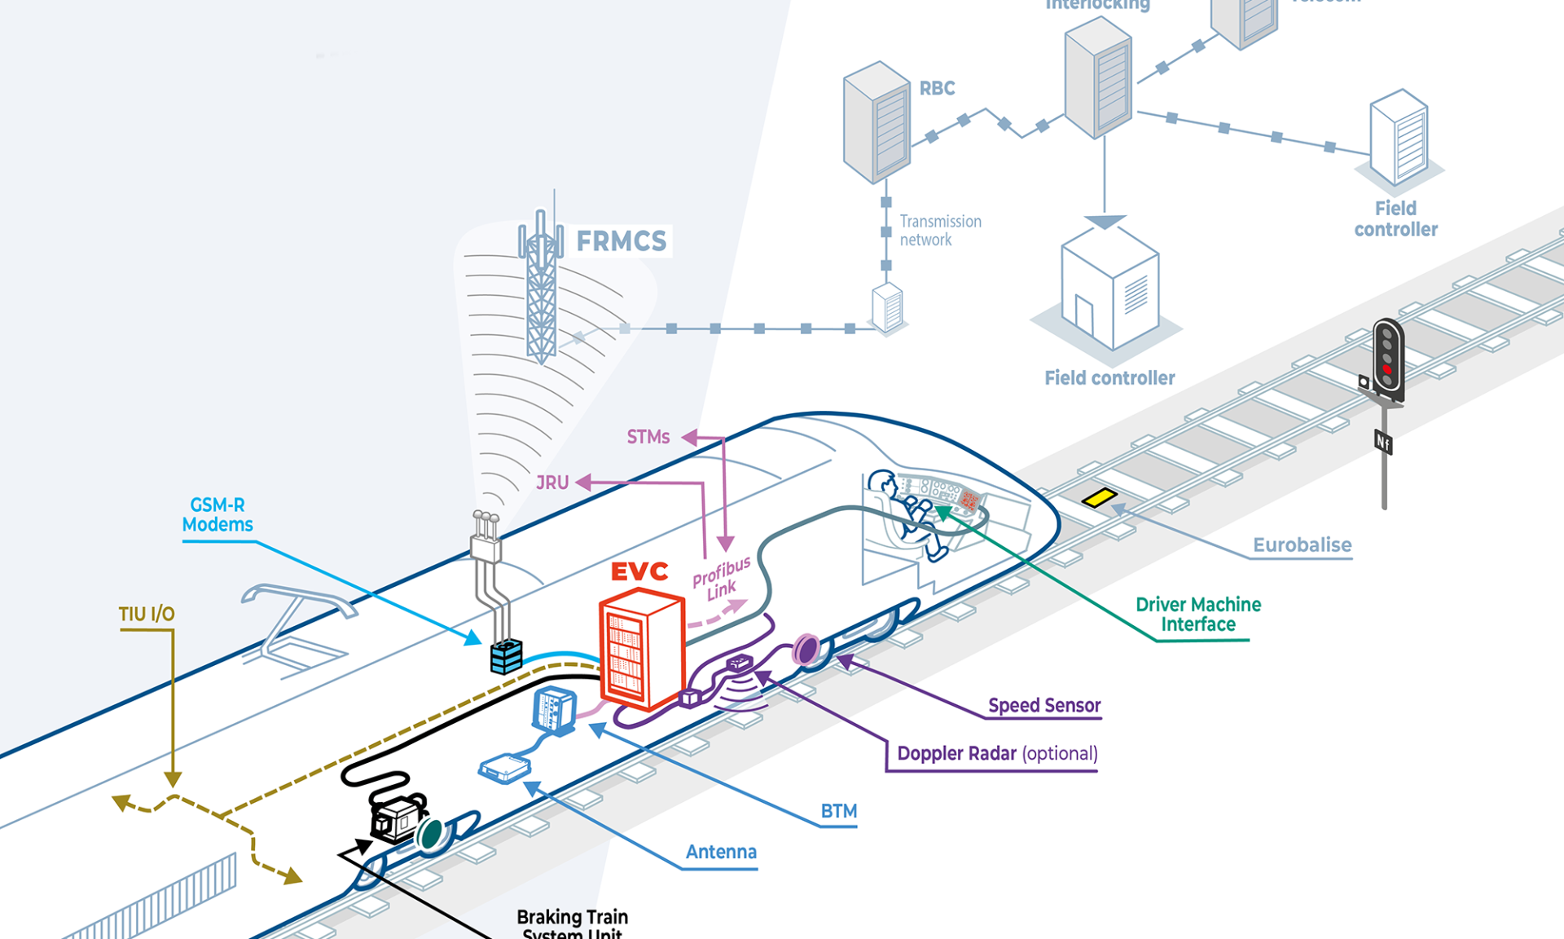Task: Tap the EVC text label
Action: tap(639, 571)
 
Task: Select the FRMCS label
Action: tap(621, 241)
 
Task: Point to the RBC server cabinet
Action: tap(876, 122)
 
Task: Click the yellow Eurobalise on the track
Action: tap(1099, 497)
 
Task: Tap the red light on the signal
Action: tap(1386, 369)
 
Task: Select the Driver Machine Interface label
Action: tap(1197, 615)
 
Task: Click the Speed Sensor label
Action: tap(1043, 705)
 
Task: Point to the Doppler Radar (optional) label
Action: tap(997, 753)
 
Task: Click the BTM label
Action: tap(838, 811)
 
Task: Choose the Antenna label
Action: tap(721, 852)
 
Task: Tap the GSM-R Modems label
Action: tap(217, 514)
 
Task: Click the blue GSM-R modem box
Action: tap(506, 656)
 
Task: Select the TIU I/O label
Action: tap(147, 614)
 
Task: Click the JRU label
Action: tap(552, 483)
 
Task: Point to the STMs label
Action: tap(648, 437)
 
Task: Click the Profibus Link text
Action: tap(721, 580)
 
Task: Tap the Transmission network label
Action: tap(939, 231)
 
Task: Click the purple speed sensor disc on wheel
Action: tap(806, 650)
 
